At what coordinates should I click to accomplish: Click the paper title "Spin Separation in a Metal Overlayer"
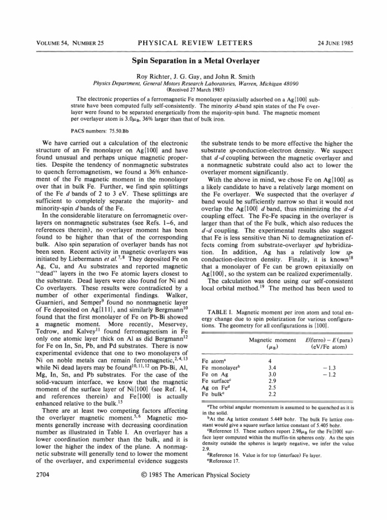click(x=196, y=61)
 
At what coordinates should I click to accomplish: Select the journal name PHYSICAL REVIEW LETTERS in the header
click(x=195, y=42)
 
